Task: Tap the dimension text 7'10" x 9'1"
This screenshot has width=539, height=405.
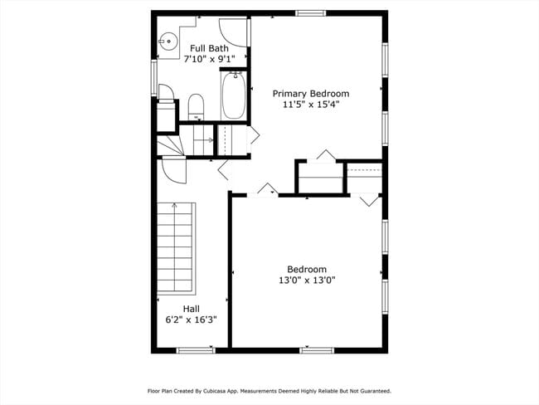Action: point(209,59)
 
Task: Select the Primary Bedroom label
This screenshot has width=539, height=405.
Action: point(311,94)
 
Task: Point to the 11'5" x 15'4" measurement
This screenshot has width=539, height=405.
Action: point(311,105)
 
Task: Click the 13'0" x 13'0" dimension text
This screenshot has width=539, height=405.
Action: point(306,281)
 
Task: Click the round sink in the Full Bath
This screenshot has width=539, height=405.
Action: point(168,39)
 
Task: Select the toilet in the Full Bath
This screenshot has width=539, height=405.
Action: point(196,105)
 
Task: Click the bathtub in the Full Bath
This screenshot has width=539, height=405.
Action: point(233,95)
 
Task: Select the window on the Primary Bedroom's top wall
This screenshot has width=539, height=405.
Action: point(310,13)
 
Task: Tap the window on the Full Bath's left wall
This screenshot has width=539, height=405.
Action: point(154,76)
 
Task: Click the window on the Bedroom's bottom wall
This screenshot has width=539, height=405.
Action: point(316,350)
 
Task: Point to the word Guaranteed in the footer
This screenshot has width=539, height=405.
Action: point(372,390)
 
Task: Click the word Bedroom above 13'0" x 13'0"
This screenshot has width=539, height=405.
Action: point(306,269)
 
